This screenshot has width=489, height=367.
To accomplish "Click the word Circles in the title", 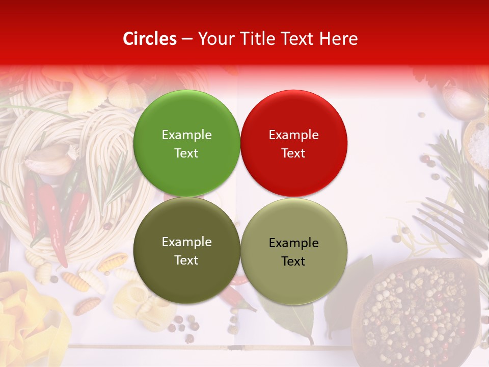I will click(x=149, y=39).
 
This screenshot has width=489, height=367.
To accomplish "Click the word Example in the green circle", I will click(x=186, y=135).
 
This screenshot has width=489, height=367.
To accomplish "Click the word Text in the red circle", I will click(x=293, y=153).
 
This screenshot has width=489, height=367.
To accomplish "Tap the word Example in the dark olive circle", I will click(x=186, y=242).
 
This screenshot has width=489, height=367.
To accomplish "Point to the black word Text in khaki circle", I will click(x=293, y=261).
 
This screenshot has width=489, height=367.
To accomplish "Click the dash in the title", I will click(x=187, y=39).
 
